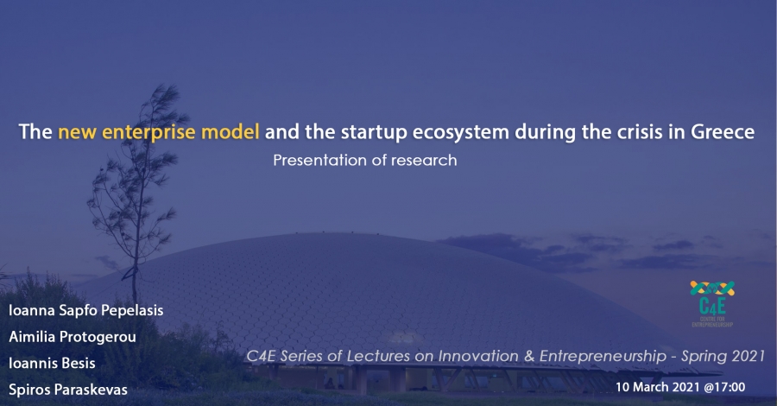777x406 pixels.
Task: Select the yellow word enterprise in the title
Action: (x=148, y=133)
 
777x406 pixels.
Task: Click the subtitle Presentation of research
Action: (x=364, y=160)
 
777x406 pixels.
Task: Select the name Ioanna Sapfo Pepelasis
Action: (x=85, y=310)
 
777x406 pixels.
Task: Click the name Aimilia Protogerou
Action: (x=73, y=337)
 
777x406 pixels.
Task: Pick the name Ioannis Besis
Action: (x=52, y=364)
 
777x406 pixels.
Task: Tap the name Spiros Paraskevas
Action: (x=68, y=390)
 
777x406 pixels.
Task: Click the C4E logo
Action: (x=712, y=303)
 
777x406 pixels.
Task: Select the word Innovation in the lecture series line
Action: (x=471, y=356)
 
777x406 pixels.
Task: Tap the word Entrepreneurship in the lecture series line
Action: (x=603, y=357)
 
